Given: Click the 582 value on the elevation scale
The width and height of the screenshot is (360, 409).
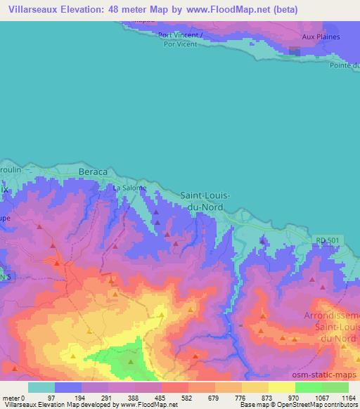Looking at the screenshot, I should point(175,398).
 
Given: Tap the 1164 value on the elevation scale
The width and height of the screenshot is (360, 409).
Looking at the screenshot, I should point(347,398).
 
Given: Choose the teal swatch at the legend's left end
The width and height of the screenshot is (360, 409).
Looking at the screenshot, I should point(41,387).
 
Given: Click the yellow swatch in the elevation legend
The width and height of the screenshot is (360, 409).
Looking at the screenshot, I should point(281,387).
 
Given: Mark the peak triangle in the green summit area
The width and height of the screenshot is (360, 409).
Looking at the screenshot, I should point(130,361).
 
